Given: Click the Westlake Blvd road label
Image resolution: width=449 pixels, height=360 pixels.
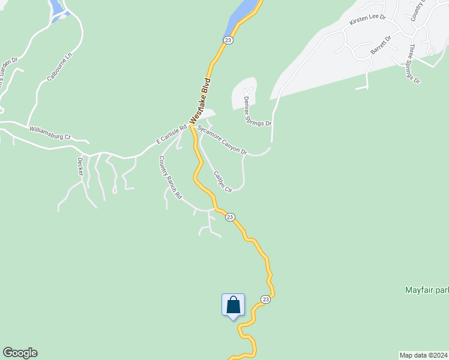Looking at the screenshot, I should [201, 101].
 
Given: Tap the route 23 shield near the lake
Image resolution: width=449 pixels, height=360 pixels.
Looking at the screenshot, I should [228, 40].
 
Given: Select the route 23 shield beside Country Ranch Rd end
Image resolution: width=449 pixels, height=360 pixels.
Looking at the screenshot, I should [230, 217].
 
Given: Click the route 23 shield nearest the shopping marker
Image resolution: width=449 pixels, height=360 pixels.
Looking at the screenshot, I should [265, 299].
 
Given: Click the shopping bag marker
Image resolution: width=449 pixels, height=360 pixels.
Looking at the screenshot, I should [233, 305].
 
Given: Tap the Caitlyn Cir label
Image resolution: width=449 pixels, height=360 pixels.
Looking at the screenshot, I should [223, 182].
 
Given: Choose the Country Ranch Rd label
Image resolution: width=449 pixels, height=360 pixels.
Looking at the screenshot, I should [169, 178].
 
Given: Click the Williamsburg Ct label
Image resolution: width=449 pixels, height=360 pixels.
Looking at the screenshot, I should [50, 132].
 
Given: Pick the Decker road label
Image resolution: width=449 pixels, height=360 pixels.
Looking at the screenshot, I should [80, 167].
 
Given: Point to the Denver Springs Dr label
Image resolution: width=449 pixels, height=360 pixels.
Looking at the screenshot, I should [258, 112].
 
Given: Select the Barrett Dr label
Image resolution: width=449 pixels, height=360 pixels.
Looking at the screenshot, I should [381, 45].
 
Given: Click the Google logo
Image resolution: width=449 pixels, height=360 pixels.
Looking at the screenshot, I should [20, 353].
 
